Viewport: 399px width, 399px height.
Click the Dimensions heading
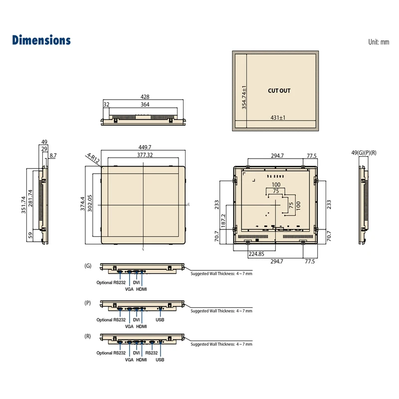coord(41,40)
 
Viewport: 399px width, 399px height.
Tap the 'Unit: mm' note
coord(379,42)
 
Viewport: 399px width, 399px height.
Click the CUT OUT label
coord(279,91)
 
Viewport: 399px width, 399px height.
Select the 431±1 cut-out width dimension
coord(278,118)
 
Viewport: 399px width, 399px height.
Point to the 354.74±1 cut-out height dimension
coord(244,97)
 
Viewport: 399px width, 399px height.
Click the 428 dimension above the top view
coord(145,97)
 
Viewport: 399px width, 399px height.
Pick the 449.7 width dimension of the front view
coord(145,147)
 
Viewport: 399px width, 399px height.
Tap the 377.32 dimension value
coord(145,155)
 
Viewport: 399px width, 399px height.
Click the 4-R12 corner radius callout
coord(93,158)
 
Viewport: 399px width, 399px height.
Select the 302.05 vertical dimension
coord(90,203)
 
